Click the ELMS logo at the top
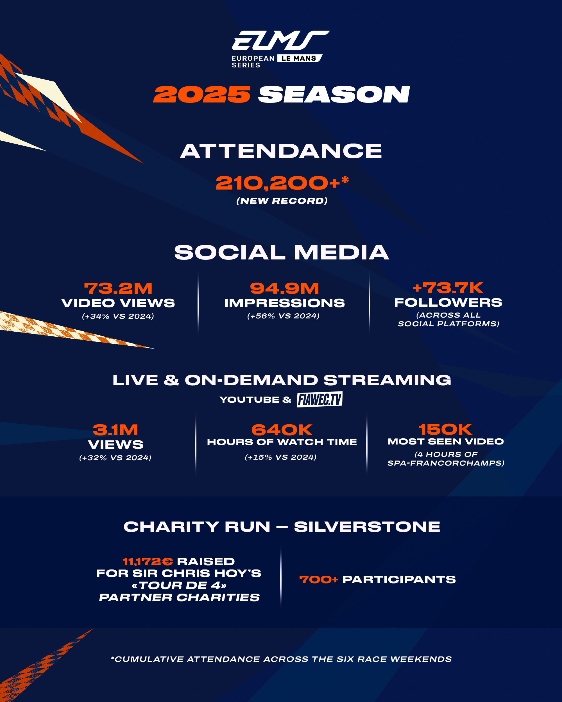280,49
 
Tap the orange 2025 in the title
202,95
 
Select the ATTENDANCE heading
281,151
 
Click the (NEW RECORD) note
282,200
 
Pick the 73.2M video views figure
118,288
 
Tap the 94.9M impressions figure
284,288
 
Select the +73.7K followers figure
448,288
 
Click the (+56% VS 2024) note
283,316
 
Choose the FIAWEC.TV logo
319,399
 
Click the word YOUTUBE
249,400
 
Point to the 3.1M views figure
116,430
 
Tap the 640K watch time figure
282,430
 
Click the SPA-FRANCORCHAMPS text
446,463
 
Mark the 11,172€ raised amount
148,561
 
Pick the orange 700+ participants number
319,579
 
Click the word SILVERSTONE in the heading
367,526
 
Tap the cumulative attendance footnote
281,659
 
